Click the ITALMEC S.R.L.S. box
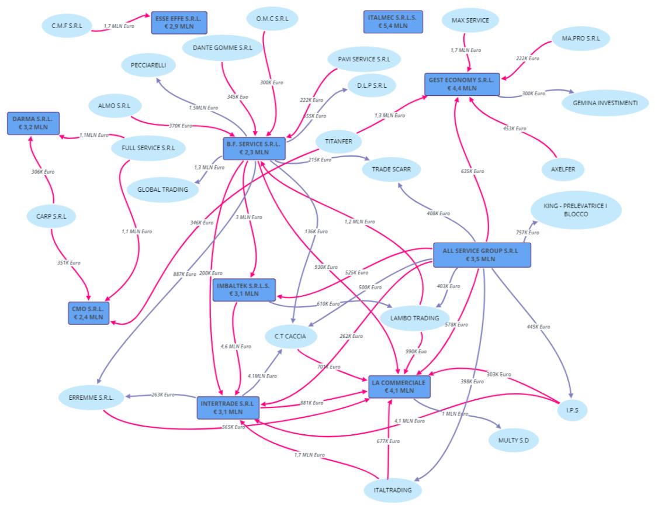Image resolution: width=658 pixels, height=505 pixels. (393, 22)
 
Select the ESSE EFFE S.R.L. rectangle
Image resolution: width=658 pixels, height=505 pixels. (178, 23)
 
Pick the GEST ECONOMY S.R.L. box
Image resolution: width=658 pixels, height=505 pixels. (462, 84)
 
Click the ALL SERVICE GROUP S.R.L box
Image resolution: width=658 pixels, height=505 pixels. (482, 254)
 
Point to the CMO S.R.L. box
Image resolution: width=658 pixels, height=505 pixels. (89, 312)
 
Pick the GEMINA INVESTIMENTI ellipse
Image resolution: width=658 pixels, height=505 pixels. (605, 103)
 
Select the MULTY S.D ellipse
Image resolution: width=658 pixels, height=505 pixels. (514, 439)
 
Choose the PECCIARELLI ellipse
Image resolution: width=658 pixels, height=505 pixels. (148, 65)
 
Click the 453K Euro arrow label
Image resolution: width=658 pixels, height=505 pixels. (514, 129)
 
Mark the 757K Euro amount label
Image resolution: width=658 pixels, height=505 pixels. (524, 233)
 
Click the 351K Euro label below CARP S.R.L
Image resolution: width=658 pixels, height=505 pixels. (68, 262)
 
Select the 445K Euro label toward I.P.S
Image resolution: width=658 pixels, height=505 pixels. (538, 326)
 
